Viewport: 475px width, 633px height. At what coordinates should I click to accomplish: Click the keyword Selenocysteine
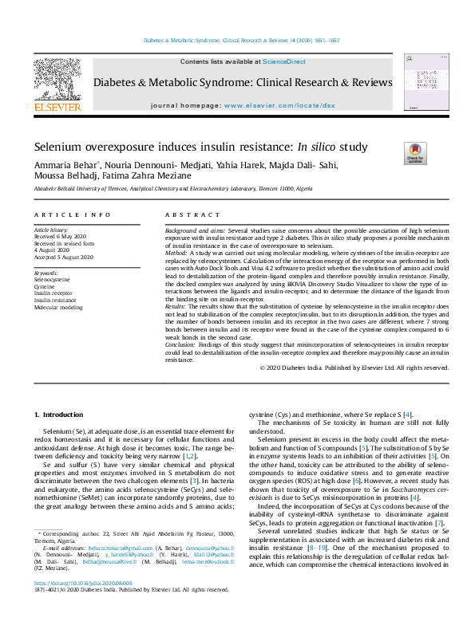click(x=52, y=281)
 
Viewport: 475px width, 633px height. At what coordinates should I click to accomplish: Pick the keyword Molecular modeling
click(x=57, y=306)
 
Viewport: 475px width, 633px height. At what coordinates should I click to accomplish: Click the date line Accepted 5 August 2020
click(x=64, y=258)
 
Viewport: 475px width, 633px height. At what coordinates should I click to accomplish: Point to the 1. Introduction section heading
click(x=61, y=415)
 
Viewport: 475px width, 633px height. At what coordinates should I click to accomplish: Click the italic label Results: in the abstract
click(x=176, y=306)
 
